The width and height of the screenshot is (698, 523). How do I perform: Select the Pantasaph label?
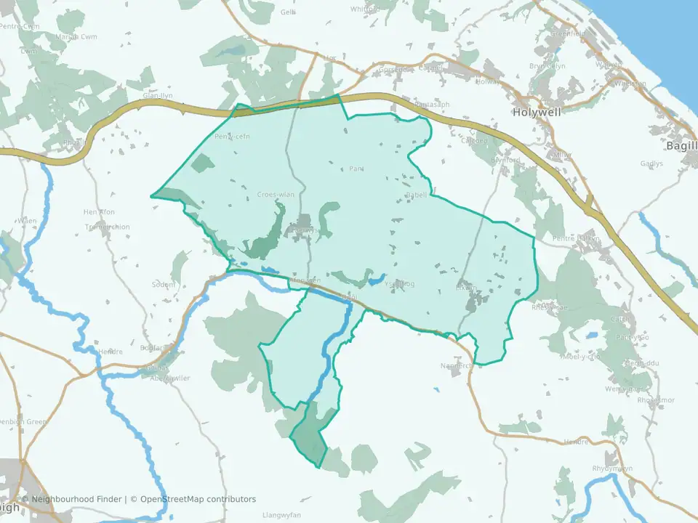pos(432,105)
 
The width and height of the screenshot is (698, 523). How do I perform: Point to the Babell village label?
pos(416,195)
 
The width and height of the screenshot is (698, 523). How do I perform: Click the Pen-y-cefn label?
pos(233,137)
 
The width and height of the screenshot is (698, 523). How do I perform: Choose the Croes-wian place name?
pos(276,195)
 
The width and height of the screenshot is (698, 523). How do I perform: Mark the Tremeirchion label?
pos(108,227)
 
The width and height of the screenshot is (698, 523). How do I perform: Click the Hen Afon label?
pos(100,211)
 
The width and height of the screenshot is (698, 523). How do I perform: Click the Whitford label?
pos(365,9)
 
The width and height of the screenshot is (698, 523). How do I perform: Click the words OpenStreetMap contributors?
pos(198,499)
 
